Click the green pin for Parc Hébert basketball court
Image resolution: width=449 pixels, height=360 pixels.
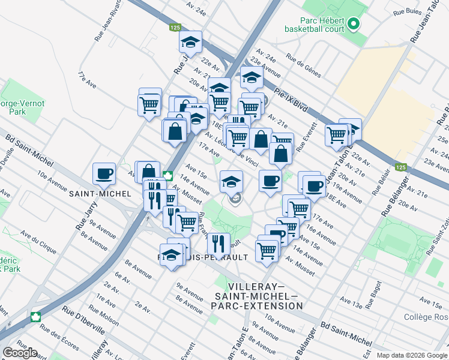coord(353,25)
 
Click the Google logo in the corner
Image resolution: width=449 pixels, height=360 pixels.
coord(20,353)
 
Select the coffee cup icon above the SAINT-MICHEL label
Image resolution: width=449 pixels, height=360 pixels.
coord(104,173)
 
